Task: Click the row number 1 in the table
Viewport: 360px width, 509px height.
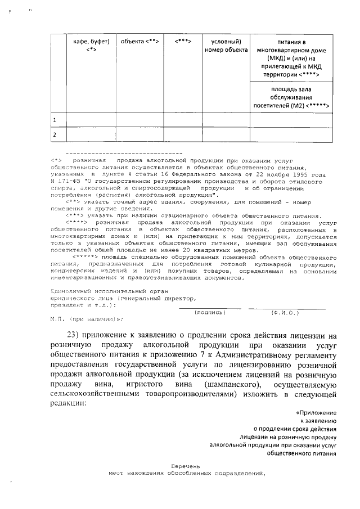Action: point(55,120)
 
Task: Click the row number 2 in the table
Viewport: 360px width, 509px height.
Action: point(55,135)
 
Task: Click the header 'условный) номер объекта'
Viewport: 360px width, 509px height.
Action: point(226,46)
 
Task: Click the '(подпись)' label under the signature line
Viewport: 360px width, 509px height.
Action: point(209,312)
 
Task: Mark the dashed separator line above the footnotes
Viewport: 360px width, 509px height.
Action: point(123,153)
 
